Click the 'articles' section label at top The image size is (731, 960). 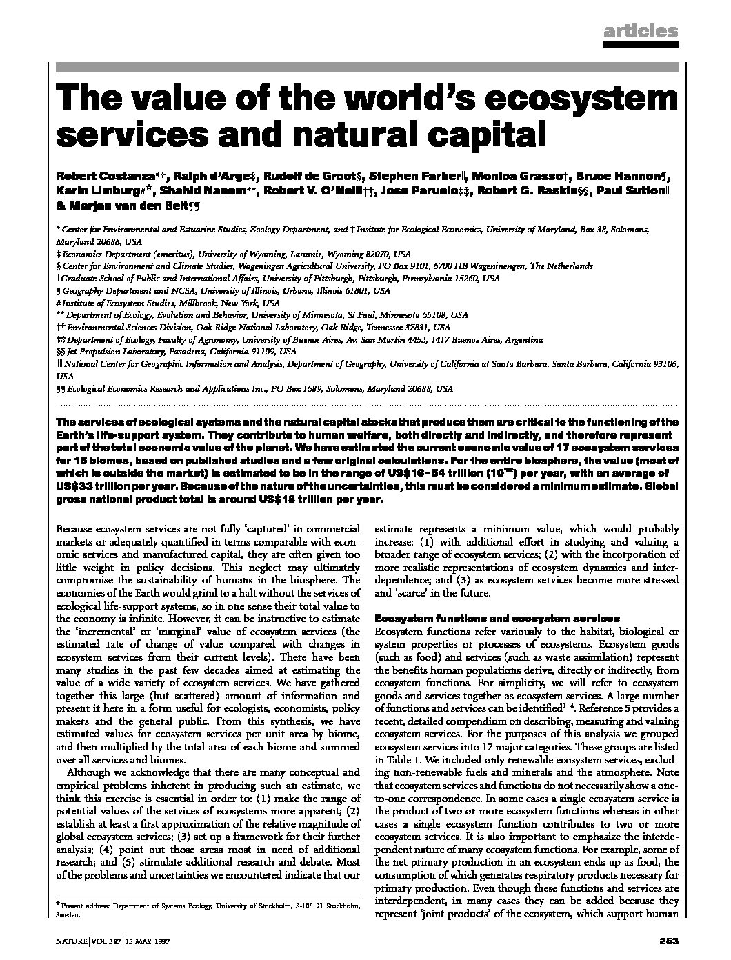click(x=641, y=31)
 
